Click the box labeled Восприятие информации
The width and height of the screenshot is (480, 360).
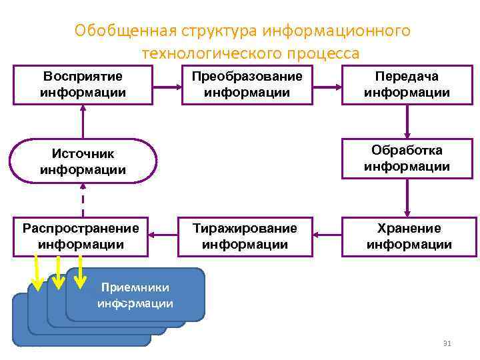coord(83,85)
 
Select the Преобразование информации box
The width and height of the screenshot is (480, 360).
coord(247,85)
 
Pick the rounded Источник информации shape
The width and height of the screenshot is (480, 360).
coord(83,161)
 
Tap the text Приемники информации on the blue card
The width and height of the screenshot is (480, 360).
coord(135,295)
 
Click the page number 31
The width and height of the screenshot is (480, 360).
coord(447,343)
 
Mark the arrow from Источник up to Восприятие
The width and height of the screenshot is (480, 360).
coord(83,121)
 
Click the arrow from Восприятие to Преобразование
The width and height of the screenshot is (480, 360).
coord(165,85)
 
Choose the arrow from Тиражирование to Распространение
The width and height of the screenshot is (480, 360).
coord(165,235)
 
